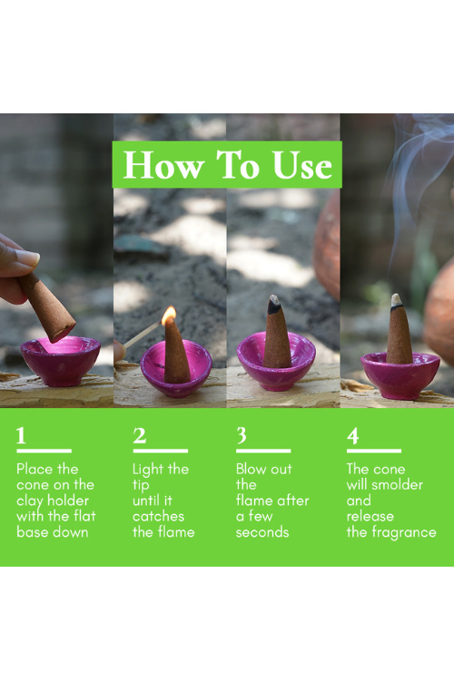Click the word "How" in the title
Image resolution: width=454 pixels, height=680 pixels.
click(163, 165)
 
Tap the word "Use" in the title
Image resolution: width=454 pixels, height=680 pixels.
click(302, 165)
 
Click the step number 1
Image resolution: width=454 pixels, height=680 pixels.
click(21, 435)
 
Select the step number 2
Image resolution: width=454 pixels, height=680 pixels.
click(139, 435)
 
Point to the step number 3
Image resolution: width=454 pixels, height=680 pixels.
click(242, 435)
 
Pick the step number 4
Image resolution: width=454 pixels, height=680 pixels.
click(353, 435)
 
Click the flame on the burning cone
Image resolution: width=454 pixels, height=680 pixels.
click(169, 316)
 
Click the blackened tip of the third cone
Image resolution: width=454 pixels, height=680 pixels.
click(273, 305)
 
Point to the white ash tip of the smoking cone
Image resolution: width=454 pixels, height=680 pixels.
click(396, 300)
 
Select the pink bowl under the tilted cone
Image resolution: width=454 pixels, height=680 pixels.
click(61, 361)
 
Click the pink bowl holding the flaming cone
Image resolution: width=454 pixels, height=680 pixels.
click(176, 369)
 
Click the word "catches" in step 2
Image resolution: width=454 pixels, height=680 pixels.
click(158, 517)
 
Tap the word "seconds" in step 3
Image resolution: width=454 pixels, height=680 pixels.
click(262, 532)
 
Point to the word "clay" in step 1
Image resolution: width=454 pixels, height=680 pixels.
click(30, 501)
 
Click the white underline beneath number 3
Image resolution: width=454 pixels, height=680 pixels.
click(263, 451)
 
